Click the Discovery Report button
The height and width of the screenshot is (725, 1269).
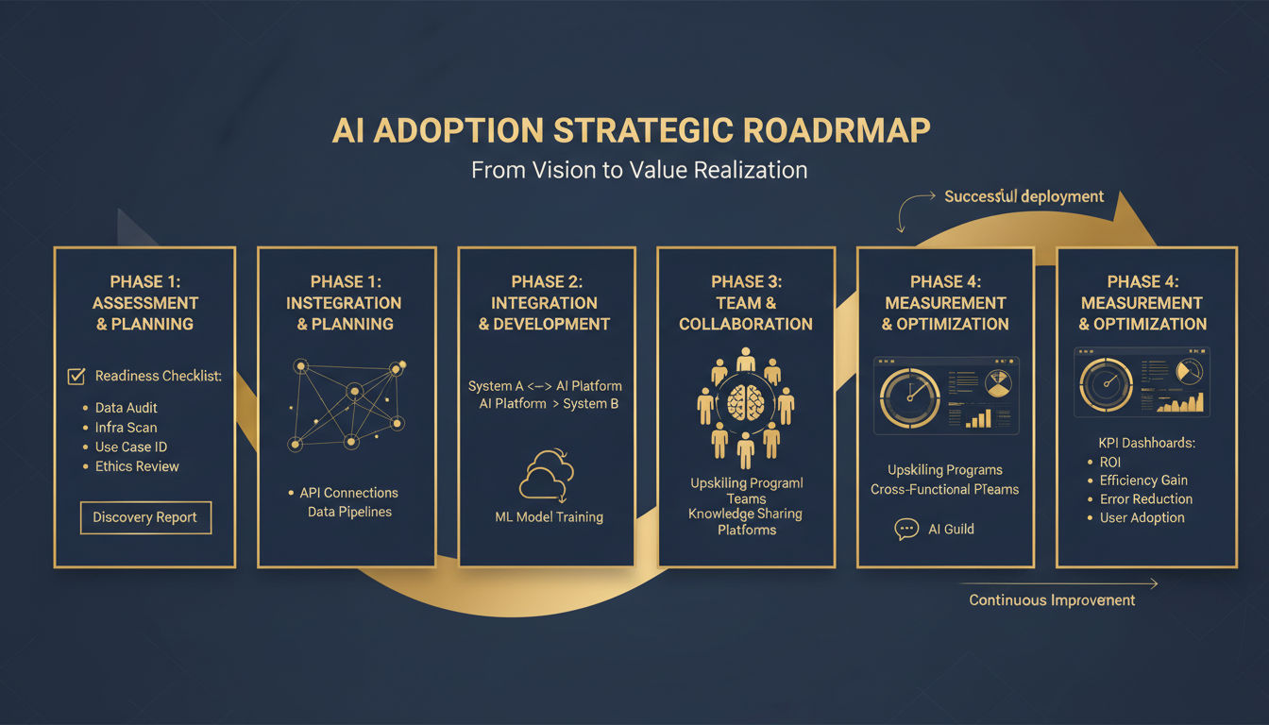coord(144,517)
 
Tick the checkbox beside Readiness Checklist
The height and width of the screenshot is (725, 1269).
coord(76,377)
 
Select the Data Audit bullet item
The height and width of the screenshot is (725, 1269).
coord(126,408)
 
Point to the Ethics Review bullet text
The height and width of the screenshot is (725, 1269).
coord(136,466)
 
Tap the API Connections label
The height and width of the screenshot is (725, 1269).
coord(348,493)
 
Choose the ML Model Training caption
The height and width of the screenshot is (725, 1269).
coord(549,517)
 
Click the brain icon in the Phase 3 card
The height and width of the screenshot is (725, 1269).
coord(746,401)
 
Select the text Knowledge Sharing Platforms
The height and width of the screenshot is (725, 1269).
coord(745,522)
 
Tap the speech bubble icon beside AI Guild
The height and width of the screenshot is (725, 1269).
coord(905,530)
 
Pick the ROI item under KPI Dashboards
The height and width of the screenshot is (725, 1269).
coord(1110,462)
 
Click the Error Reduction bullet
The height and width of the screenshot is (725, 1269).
coord(1145,498)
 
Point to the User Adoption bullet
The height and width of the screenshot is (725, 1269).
coord(1142,517)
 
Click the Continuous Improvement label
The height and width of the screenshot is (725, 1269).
coord(1052,600)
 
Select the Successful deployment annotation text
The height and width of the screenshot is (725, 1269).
coord(1024,196)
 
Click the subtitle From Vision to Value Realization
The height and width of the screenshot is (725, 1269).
coord(638,170)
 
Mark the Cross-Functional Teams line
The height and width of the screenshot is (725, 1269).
coord(944,489)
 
